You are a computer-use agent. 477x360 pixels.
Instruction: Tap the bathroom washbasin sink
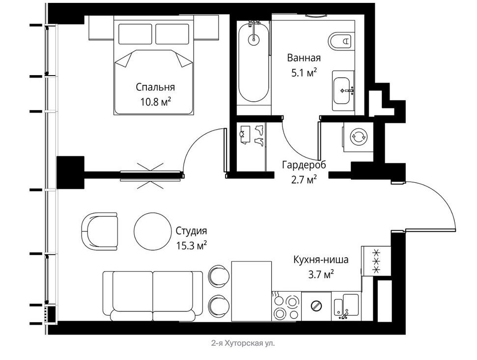pyautogui.click(x=343, y=90)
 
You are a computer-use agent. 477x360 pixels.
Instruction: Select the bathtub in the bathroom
pyautogui.click(x=253, y=63)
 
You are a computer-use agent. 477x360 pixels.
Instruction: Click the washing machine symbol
pyautogui.click(x=359, y=137)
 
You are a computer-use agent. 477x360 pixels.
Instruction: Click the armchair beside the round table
pyautogui.click(x=99, y=231)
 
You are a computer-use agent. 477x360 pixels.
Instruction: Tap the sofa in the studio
pyautogui.click(x=153, y=296)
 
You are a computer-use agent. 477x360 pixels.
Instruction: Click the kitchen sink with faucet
pyautogui.click(x=346, y=306)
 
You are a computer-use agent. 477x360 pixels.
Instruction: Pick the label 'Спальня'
pyautogui.click(x=155, y=87)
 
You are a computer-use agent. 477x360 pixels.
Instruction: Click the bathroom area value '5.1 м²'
pyautogui.click(x=304, y=73)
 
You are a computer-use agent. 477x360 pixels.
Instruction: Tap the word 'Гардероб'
pyautogui.click(x=304, y=165)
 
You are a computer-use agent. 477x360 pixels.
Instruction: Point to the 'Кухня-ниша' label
pyautogui.click(x=321, y=260)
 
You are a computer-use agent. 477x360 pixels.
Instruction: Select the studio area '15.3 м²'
pyautogui.click(x=192, y=245)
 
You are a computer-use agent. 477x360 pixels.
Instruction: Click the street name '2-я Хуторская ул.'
pyautogui.click(x=243, y=344)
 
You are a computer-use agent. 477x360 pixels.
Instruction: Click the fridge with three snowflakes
pyautogui.click(x=376, y=261)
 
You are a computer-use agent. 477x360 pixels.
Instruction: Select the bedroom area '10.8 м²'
pyautogui.click(x=155, y=102)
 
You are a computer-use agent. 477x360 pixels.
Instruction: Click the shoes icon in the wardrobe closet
pyautogui.click(x=259, y=135)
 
